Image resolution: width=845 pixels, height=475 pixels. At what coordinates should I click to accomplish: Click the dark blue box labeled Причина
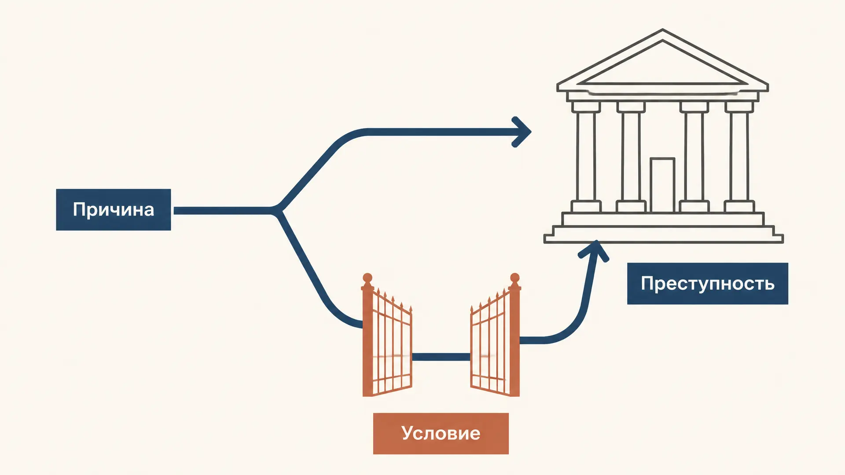pos(114,209)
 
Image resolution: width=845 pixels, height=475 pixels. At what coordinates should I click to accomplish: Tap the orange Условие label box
pos(441,433)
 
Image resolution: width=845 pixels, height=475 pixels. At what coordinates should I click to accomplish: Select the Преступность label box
pos(707,283)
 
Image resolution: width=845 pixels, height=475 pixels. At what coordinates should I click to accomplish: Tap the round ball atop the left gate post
pos(367,278)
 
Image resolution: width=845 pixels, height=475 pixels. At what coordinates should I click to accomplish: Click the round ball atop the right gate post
pos(514,278)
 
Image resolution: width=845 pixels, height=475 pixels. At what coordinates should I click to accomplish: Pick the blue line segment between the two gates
pos(441,357)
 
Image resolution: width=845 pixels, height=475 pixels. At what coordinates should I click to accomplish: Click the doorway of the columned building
pos(662,185)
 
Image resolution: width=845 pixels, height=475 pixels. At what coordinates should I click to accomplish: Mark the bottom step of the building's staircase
pos(664,239)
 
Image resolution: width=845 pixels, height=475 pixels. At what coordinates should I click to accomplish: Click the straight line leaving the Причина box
pos(222,211)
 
